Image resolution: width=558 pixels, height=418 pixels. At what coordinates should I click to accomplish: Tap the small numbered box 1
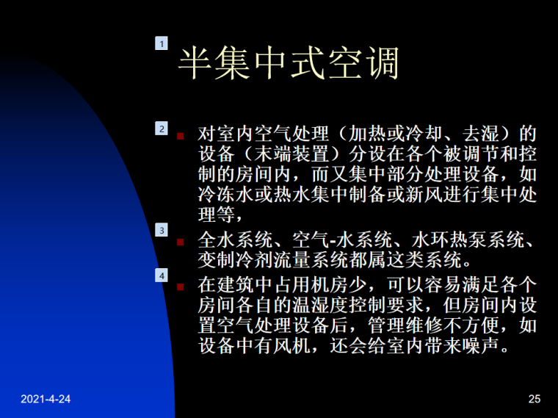pos(162,44)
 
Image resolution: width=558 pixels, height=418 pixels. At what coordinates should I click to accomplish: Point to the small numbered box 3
pos(162,231)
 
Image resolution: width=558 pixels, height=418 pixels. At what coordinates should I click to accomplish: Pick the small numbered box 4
pos(162,275)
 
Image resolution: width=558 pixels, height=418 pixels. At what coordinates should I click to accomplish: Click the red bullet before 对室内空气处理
pos(181,136)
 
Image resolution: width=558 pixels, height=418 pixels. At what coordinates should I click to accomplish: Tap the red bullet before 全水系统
pos(181,241)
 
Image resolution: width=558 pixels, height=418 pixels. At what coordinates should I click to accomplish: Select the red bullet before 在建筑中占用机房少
pos(181,284)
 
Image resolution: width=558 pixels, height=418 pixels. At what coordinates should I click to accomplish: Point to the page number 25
pos(534,399)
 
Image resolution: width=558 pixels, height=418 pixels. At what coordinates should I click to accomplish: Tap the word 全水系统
pos(233,240)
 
